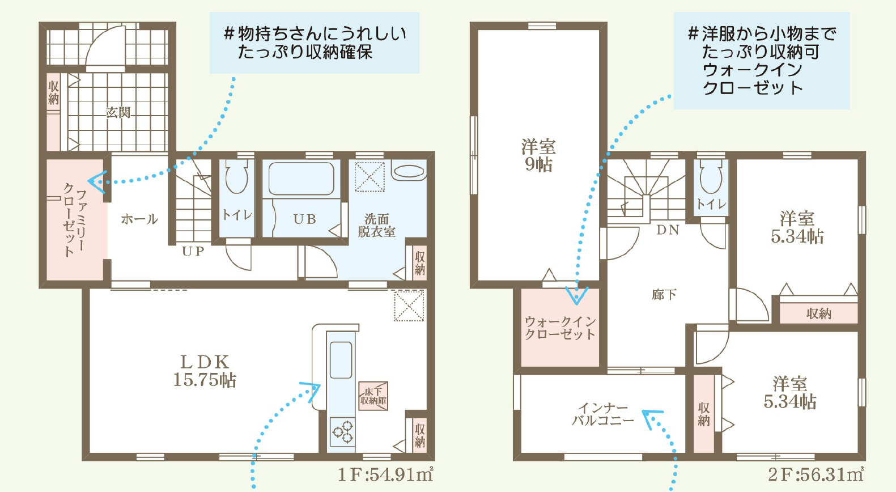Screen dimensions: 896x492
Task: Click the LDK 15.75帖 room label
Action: click(205, 371)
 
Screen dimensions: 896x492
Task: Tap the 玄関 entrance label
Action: click(118, 112)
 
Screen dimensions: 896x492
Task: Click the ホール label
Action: click(139, 219)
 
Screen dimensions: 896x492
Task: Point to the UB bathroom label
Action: click(305, 219)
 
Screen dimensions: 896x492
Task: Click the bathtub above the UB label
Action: click(301, 179)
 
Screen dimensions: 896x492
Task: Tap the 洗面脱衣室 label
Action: click(376, 225)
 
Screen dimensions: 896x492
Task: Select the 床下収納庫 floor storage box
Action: click(373, 396)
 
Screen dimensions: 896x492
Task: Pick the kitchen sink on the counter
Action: click(341, 359)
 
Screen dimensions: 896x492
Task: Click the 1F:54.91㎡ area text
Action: click(385, 475)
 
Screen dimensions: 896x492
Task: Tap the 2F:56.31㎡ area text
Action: click(816, 475)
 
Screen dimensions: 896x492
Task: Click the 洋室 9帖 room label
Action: click(538, 155)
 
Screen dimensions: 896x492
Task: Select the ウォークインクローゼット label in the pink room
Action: click(560, 328)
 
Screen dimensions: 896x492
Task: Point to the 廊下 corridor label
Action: click(664, 295)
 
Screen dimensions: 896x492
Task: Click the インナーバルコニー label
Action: click(603, 414)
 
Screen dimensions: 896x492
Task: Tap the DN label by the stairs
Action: click(668, 230)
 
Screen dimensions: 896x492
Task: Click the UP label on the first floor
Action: click(193, 251)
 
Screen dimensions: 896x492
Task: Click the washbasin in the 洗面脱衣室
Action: click(409, 172)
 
